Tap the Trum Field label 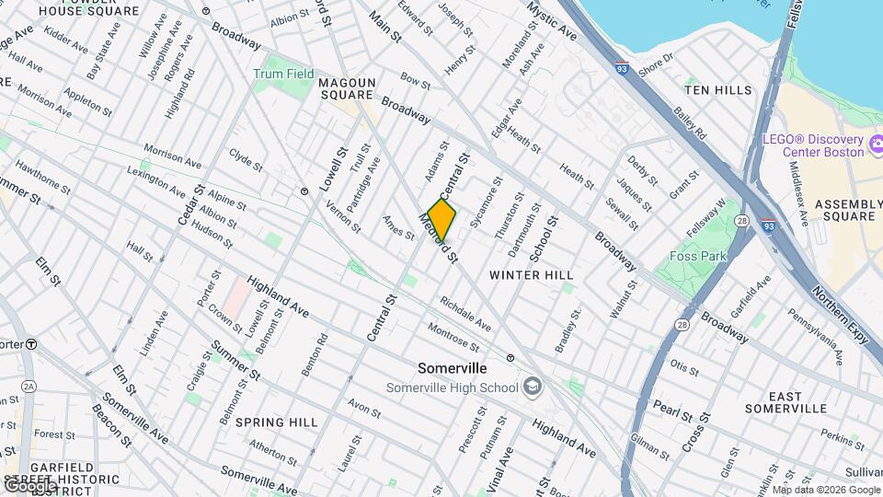(284, 74)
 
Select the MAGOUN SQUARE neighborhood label (347, 88)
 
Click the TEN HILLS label (718, 90)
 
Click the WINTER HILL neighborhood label (531, 275)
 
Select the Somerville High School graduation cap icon (532, 387)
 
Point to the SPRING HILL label (276, 422)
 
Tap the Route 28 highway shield (682, 325)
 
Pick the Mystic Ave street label (552, 20)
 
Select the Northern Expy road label (839, 313)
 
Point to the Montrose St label (453, 336)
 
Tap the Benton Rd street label (315, 354)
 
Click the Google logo (29, 485)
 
